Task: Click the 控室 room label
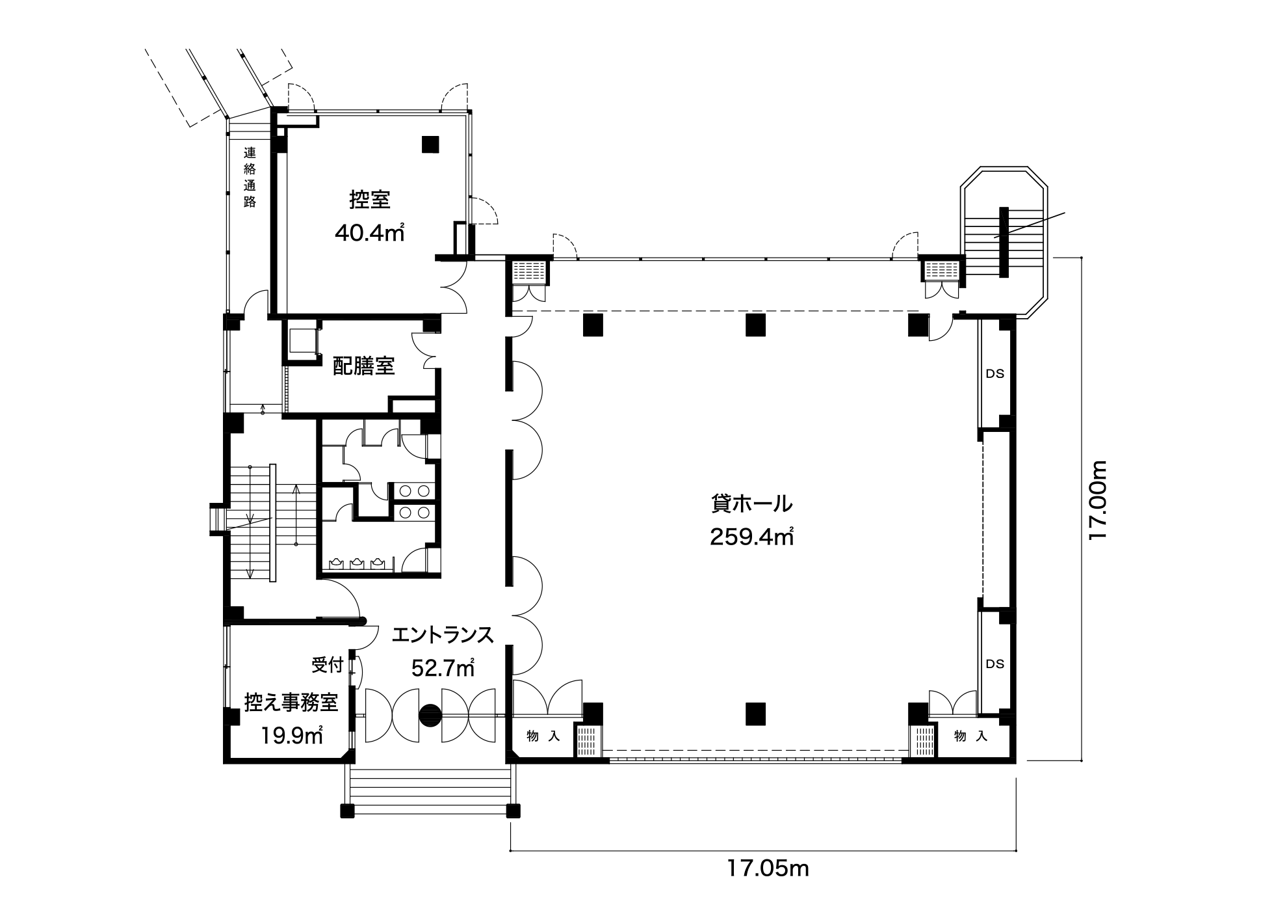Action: [x=369, y=199]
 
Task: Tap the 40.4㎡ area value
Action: [x=369, y=233]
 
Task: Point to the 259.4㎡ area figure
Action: [x=751, y=537]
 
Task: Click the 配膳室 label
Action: [x=364, y=366]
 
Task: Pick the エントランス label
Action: [x=443, y=635]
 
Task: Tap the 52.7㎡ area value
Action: [x=443, y=668]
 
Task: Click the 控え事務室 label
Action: [x=291, y=703]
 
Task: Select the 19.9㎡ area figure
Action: [x=292, y=736]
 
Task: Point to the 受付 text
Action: [x=328, y=666]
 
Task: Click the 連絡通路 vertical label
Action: [x=250, y=177]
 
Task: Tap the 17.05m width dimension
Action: [x=768, y=868]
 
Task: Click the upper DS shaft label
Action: [x=995, y=374]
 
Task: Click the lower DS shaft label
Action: [x=995, y=664]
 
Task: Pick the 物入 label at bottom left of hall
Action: [x=543, y=736]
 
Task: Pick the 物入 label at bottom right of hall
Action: [x=971, y=736]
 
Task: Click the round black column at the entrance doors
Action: [x=430, y=716]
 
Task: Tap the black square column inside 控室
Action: [x=430, y=144]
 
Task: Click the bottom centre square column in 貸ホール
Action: [x=755, y=714]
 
